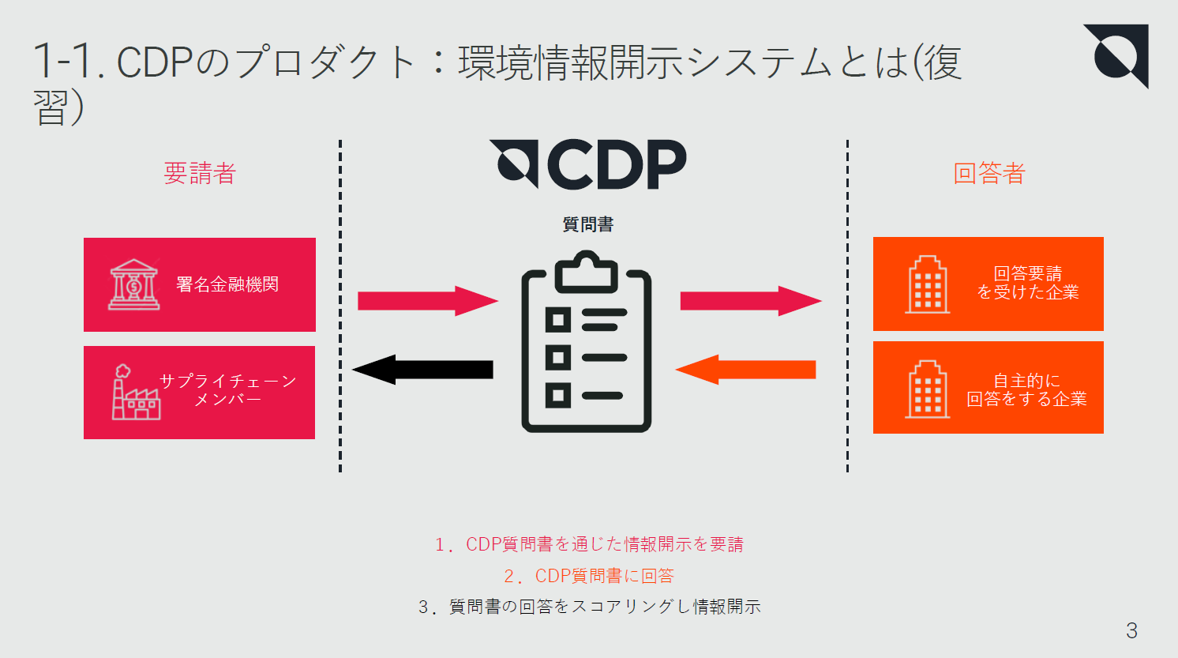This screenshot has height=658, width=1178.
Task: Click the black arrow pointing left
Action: point(422,370)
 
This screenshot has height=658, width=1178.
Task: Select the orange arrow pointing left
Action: point(745,370)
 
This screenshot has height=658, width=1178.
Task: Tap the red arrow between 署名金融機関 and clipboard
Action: point(427,301)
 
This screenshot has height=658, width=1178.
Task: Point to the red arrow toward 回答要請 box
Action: point(750,301)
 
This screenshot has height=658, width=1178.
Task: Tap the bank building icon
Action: point(133,284)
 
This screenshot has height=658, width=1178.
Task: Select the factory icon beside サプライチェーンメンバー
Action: point(135,393)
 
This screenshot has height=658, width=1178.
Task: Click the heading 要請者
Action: point(200,174)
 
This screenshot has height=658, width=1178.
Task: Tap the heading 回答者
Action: point(989,174)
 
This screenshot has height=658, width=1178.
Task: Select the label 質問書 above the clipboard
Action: point(588,224)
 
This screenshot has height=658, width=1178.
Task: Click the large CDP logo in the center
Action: point(588,164)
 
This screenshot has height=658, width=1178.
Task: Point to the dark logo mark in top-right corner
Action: point(1117,55)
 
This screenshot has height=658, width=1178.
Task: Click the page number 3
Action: point(1131,630)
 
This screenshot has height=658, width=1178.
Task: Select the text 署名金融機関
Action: point(227,284)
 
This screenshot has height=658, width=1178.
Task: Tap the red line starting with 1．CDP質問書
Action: point(589,544)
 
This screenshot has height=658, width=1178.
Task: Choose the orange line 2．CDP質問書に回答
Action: point(589,576)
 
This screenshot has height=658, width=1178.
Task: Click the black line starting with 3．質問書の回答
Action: point(589,607)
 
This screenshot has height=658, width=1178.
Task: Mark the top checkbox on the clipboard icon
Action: point(558,320)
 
